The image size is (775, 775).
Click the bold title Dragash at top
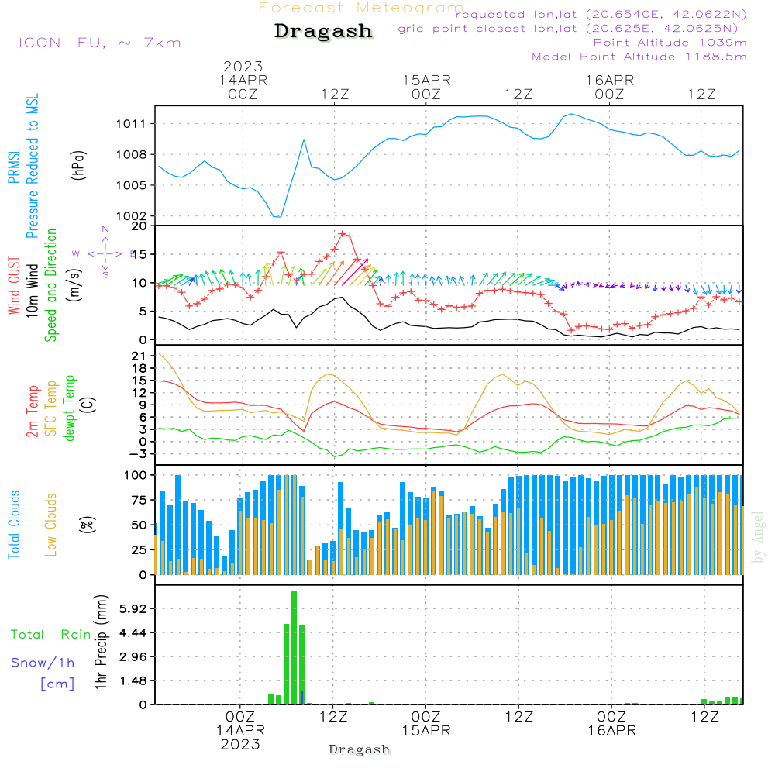click(x=323, y=32)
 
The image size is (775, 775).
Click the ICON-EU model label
click(x=99, y=43)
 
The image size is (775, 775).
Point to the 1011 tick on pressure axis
click(x=133, y=124)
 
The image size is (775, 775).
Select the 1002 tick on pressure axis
click(x=133, y=216)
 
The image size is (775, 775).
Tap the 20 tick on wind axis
click(x=139, y=226)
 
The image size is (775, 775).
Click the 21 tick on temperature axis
click(x=139, y=356)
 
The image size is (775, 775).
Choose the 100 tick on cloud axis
click(x=136, y=474)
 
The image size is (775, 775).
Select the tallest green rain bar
click(x=294, y=647)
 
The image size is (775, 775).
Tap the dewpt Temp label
click(x=71, y=408)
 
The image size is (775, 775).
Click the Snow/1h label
click(x=43, y=663)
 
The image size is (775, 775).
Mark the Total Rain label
click(x=50, y=635)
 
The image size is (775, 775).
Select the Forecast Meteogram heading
click(x=361, y=8)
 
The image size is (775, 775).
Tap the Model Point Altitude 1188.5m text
click(x=639, y=57)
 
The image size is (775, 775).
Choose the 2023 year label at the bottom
click(x=240, y=744)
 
